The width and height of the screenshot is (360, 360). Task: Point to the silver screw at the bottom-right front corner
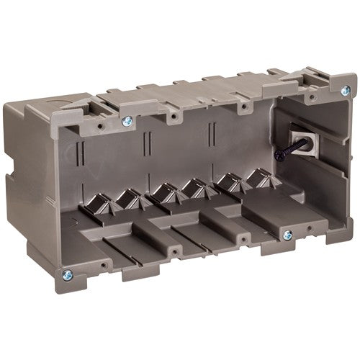tap(287, 234)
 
